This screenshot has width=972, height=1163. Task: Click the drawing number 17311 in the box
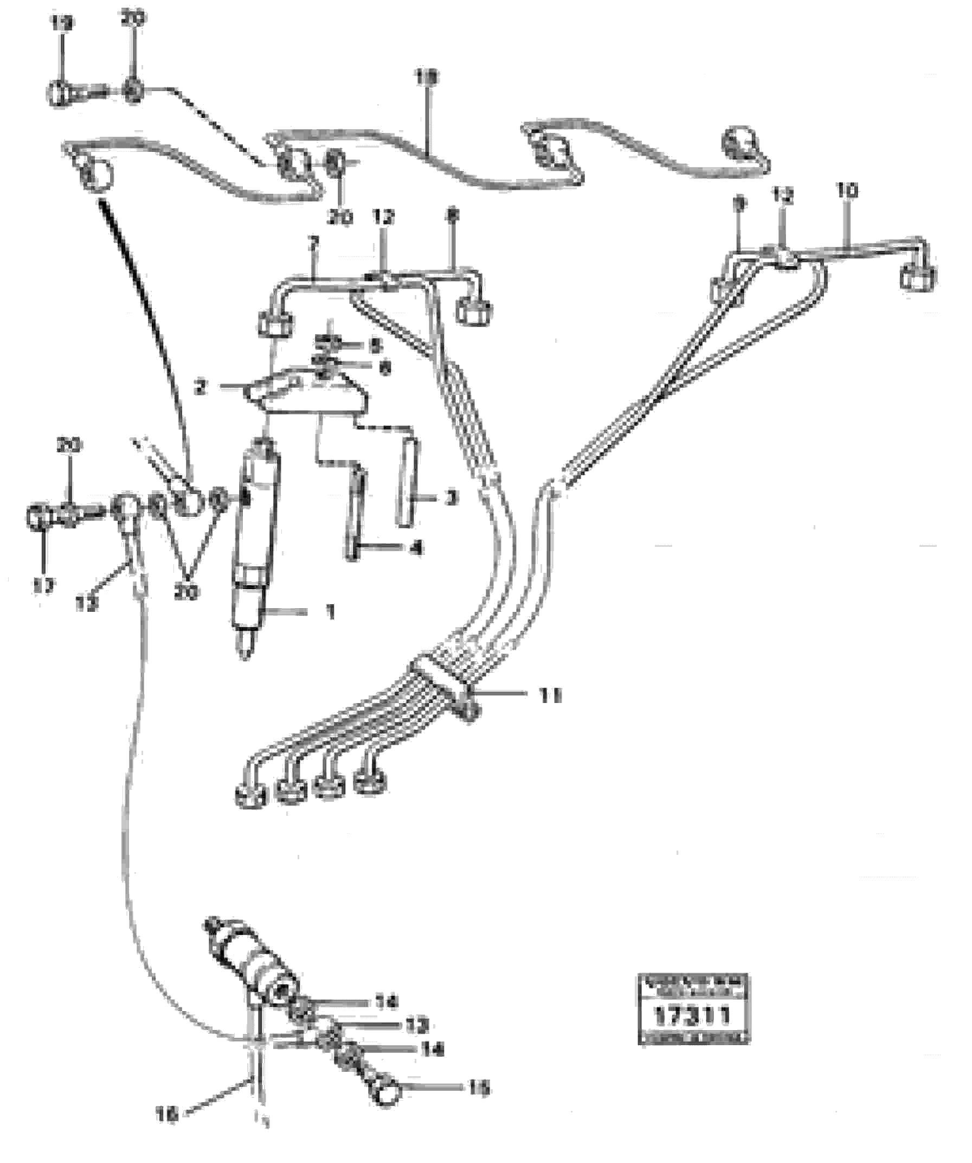[693, 1016]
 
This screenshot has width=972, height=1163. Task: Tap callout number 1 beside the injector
[330, 612]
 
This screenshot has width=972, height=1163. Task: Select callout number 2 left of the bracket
[200, 388]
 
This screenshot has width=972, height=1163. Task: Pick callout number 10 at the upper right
[847, 191]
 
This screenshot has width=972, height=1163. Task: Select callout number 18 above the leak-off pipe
[428, 78]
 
